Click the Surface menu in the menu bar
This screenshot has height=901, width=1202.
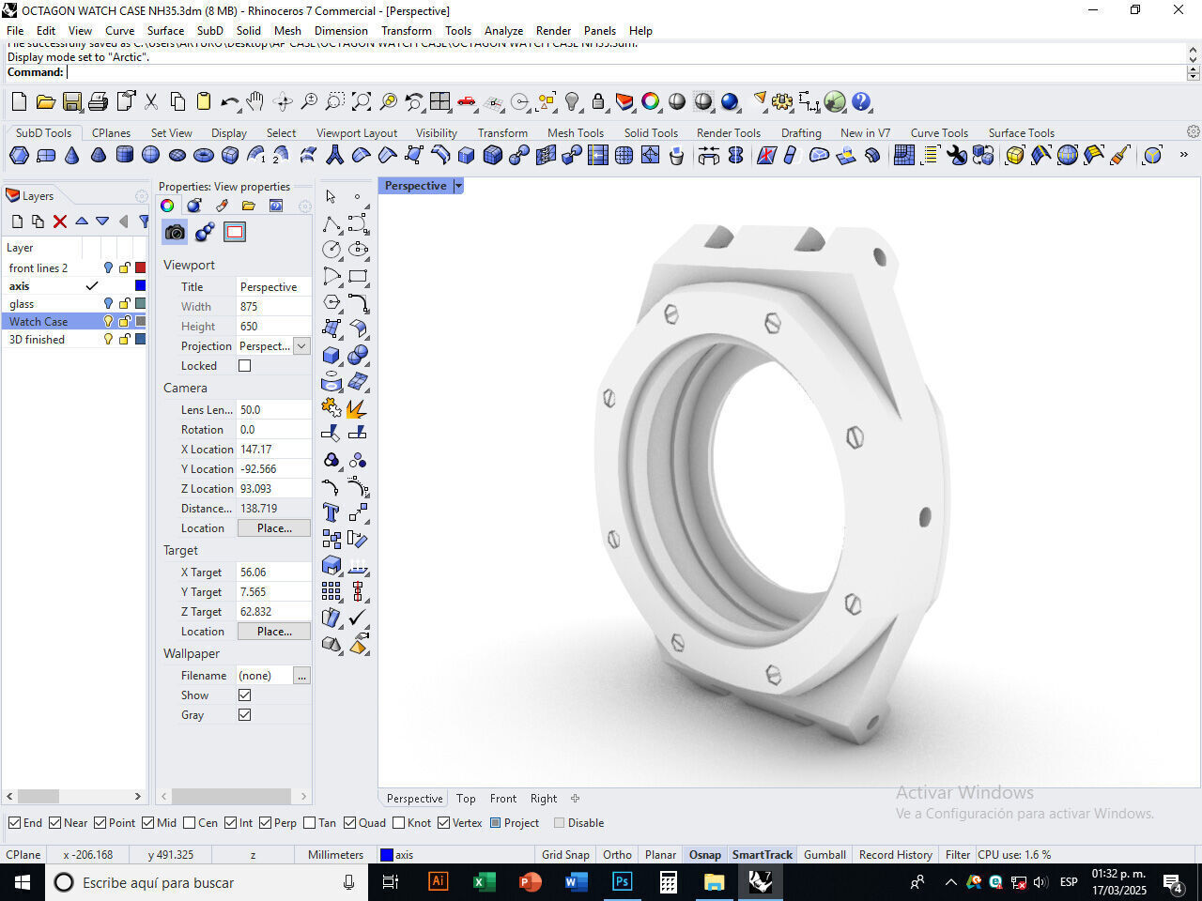165,30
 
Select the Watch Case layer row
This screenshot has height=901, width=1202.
39,321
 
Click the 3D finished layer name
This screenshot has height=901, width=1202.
37,339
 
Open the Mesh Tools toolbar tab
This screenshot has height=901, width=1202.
575,132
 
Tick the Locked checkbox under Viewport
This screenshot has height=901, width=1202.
244,366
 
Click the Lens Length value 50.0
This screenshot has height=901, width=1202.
251,409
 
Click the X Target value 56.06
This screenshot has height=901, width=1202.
254,572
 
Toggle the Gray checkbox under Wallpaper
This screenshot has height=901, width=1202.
244,715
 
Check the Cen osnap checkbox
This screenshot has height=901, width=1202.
190,823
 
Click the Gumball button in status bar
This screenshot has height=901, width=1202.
824,854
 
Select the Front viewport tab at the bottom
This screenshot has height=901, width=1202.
502,799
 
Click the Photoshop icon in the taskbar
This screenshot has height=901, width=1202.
622,882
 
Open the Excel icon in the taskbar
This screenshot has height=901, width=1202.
484,882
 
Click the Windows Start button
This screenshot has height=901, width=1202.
22,882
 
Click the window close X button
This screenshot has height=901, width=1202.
1179,10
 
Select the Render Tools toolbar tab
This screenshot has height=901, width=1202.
728,132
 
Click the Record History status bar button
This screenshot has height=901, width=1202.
895,854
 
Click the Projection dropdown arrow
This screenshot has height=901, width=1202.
301,346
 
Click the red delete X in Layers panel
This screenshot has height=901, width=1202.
60,221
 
